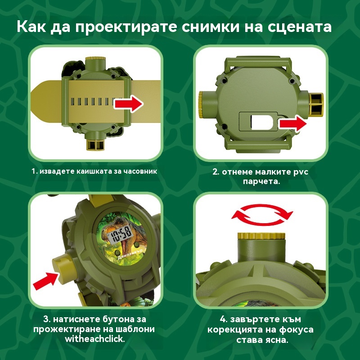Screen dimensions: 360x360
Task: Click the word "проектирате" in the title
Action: [x=126, y=27]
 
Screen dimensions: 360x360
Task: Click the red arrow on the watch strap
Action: [x=129, y=104]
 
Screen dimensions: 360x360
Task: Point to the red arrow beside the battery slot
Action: [x=293, y=124]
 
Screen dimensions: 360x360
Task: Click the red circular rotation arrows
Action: [x=262, y=215]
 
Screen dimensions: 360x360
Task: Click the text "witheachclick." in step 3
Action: [x=95, y=339]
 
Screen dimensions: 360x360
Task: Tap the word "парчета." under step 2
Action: [x=261, y=182]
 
